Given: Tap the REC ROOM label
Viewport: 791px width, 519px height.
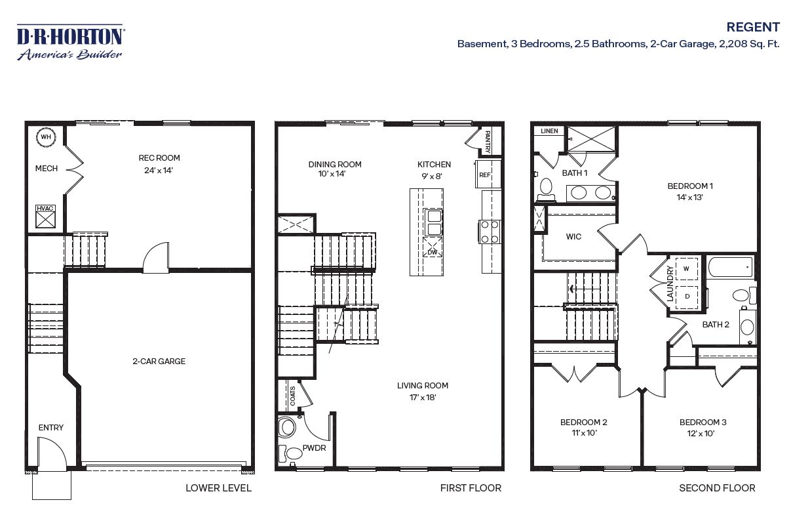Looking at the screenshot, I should click(x=159, y=158).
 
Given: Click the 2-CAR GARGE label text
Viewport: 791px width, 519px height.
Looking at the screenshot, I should click(x=159, y=361).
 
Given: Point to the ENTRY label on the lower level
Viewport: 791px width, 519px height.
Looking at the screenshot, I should click(x=51, y=428).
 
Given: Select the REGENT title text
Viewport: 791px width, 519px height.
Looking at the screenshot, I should click(x=753, y=27).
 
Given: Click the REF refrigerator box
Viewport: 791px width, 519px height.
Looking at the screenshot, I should click(x=484, y=175).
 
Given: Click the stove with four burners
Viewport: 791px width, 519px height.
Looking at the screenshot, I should click(x=490, y=232).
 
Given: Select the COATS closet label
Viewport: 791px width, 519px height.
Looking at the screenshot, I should click(x=292, y=396).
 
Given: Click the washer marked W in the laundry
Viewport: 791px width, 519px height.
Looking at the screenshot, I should click(x=686, y=268).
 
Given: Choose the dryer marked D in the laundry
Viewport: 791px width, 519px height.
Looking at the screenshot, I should click(x=687, y=297).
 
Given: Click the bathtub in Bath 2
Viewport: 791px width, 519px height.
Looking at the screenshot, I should click(x=730, y=268).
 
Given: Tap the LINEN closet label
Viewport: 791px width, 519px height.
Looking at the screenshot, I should click(x=549, y=131).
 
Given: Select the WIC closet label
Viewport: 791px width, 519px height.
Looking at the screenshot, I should click(x=574, y=236).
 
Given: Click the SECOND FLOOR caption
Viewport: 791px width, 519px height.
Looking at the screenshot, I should click(x=716, y=488).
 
